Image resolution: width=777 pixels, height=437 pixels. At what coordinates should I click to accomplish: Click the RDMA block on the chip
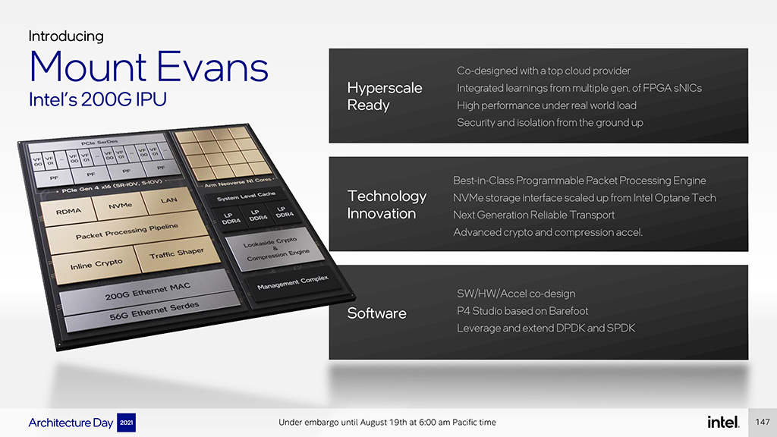(69, 211)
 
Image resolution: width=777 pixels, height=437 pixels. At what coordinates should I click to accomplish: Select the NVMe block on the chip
(120, 205)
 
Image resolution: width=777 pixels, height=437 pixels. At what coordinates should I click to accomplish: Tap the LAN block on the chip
(168, 200)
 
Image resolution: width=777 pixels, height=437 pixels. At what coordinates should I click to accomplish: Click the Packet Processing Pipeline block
(127, 231)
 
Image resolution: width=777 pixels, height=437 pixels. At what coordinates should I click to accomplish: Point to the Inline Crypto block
(96, 265)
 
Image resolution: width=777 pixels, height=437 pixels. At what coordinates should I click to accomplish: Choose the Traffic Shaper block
(176, 253)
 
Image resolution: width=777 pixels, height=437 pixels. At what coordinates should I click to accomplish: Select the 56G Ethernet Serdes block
(154, 310)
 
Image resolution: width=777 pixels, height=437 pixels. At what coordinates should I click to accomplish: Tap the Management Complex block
(292, 282)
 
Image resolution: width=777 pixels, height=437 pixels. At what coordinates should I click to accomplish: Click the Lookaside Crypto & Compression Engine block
(276, 249)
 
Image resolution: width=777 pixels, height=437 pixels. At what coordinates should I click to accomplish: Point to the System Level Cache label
(246, 196)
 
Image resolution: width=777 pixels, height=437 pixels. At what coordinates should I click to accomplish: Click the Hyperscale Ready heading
(385, 96)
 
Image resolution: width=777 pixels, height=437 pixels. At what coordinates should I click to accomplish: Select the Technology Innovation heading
(386, 205)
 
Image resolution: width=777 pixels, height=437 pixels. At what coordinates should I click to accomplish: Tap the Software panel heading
(376, 313)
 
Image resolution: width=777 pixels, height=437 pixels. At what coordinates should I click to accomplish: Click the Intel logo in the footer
(723, 422)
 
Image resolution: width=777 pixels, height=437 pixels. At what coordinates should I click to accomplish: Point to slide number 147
(762, 422)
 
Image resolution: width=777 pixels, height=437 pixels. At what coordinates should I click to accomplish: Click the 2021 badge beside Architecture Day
(127, 423)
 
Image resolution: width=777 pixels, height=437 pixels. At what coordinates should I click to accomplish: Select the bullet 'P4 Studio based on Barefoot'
(522, 311)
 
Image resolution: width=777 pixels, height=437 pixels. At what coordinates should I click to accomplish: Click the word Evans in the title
(212, 67)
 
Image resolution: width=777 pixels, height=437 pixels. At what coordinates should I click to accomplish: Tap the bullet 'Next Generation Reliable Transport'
(533, 215)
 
